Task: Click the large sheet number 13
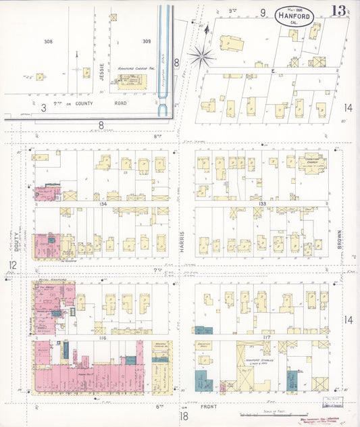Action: point(339,11)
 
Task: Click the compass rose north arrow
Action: point(202,54)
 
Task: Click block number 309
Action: point(146,41)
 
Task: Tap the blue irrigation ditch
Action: point(163,54)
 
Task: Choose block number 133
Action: point(263,202)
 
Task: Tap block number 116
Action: point(103,336)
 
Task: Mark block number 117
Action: point(263,336)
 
